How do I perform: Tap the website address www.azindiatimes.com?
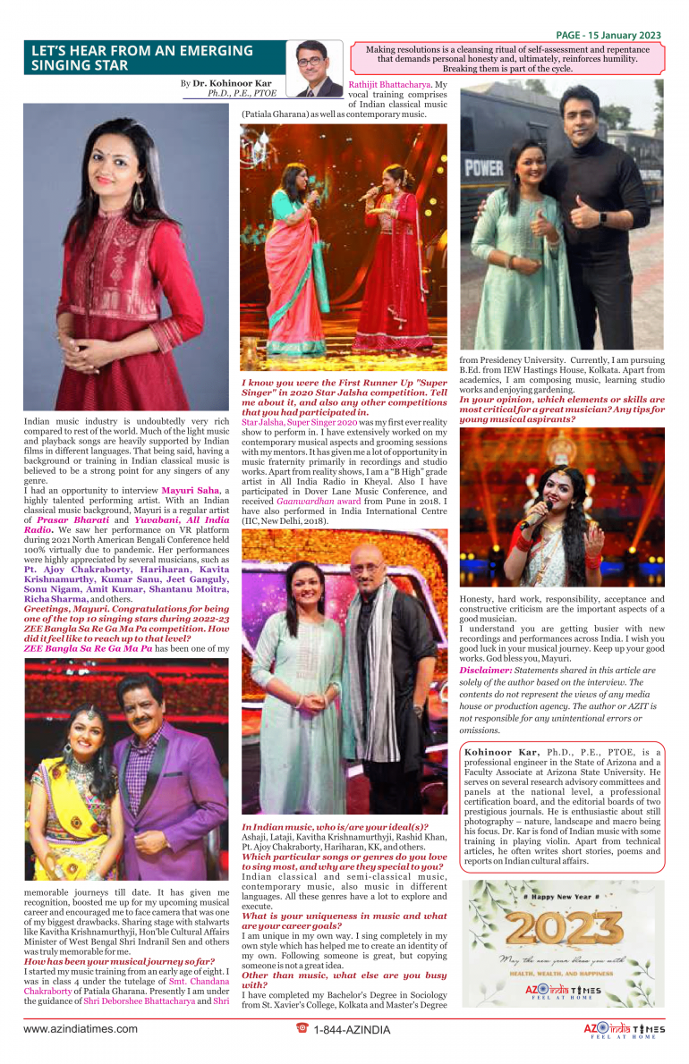81,1029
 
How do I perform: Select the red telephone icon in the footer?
302,1028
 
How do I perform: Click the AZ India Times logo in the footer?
624,1029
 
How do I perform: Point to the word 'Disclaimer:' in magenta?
486,671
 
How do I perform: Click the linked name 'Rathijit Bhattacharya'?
391,85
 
